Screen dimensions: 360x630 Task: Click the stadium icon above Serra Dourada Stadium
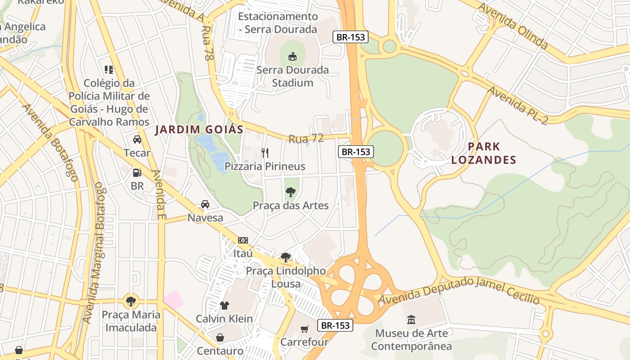click(292, 56)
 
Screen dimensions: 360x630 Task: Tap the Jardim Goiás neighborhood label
click(199, 130)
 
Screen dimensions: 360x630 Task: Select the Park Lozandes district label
click(484, 153)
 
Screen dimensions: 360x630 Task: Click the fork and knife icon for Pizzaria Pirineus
click(265, 153)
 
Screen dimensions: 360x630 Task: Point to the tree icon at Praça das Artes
click(291, 192)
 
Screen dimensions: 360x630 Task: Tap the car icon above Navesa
click(205, 204)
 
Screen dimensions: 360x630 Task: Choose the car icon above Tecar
click(137, 139)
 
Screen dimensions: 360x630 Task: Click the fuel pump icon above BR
click(137, 172)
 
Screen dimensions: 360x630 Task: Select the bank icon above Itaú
click(243, 240)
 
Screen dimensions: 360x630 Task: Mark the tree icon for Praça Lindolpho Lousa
click(285, 257)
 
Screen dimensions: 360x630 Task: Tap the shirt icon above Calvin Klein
click(224, 305)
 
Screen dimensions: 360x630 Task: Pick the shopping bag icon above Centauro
click(220, 337)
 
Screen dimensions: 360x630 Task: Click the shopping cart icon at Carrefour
click(305, 329)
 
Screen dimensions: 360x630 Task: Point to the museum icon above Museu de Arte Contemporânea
click(411, 320)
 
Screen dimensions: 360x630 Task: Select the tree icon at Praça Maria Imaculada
click(130, 301)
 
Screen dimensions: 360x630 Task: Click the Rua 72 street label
click(306, 138)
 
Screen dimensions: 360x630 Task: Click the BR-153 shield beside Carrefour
click(335, 325)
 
